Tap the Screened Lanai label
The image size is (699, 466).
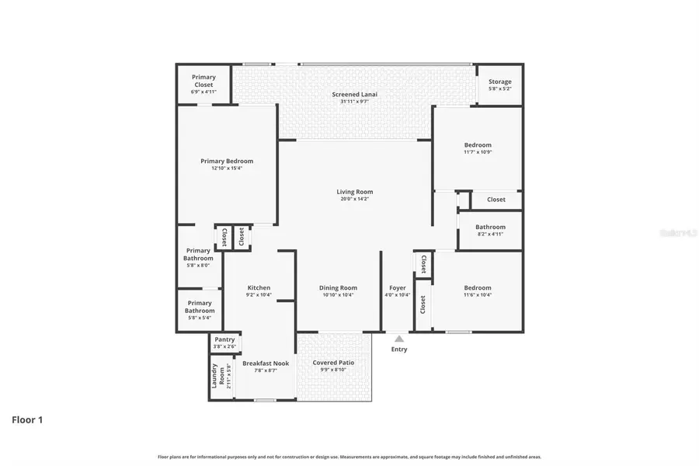pyautogui.click(x=354, y=95)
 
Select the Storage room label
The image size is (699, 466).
pyautogui.click(x=499, y=82)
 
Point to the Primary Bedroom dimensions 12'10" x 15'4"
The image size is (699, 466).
pyautogui.click(x=227, y=169)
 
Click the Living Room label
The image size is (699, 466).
pyautogui.click(x=354, y=192)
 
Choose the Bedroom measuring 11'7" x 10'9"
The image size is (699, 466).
pyautogui.click(x=478, y=145)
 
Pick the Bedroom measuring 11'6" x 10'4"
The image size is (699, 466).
pyautogui.click(x=478, y=287)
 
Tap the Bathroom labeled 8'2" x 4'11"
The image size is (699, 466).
pyautogui.click(x=490, y=228)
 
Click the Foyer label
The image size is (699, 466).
pyautogui.click(x=398, y=288)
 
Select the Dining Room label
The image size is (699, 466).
pyautogui.click(x=338, y=288)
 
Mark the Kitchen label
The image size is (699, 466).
pyautogui.click(x=259, y=288)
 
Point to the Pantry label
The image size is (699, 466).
pyautogui.click(x=224, y=339)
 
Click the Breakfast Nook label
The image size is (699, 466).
pyautogui.click(x=266, y=363)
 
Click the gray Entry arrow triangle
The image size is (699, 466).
pyautogui.click(x=399, y=339)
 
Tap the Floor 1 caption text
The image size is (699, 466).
pyautogui.click(x=27, y=420)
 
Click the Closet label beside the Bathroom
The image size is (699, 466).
pyautogui.click(x=496, y=200)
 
